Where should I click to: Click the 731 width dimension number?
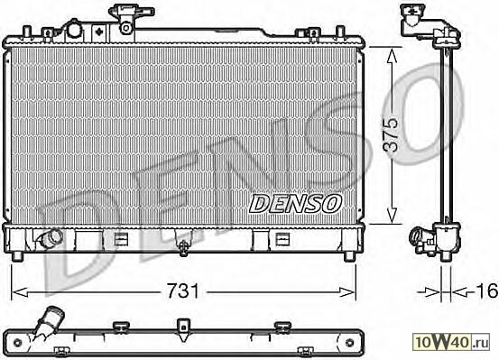pos(182,291)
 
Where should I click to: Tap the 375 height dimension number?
pos(391,135)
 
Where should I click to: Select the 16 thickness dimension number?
pos(487,291)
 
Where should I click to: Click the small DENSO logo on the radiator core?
pos(295,203)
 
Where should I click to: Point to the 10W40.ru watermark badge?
pos(451,342)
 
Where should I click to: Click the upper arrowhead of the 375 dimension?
pos(392,55)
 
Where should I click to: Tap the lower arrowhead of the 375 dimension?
pos(392,215)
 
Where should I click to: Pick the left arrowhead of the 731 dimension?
pos(20,292)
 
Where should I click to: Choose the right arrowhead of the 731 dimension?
pos(347,292)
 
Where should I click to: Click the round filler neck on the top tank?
pos(74,30)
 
